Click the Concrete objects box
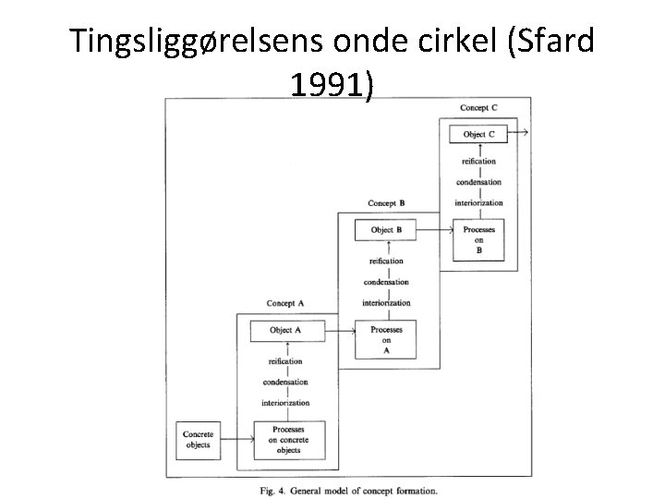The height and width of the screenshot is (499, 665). (199, 439)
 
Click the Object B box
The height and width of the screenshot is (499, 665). (387, 229)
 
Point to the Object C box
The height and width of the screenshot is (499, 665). (478, 134)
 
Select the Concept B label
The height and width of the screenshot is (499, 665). (386, 203)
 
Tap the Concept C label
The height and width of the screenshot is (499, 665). (478, 108)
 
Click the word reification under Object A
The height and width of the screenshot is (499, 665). (285, 361)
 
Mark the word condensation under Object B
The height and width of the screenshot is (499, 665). (386, 282)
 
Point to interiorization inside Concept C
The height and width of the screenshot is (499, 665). (478, 202)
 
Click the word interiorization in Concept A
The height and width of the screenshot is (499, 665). (285, 403)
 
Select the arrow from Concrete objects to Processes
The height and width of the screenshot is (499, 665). (236, 439)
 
